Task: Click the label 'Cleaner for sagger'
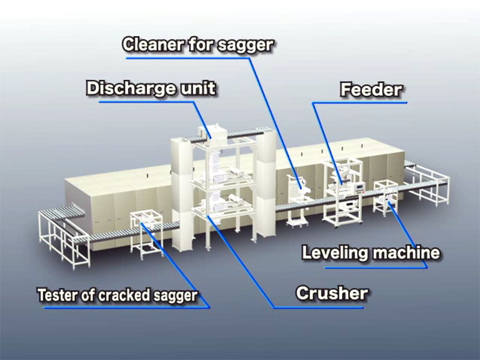[x=199, y=44]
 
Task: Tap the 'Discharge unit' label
[x=151, y=88]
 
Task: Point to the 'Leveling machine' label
[x=371, y=253]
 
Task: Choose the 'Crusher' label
[x=332, y=293]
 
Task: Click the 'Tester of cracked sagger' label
[x=117, y=295]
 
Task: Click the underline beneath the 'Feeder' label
[x=360, y=103]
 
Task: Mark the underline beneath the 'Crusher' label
[x=318, y=307]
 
